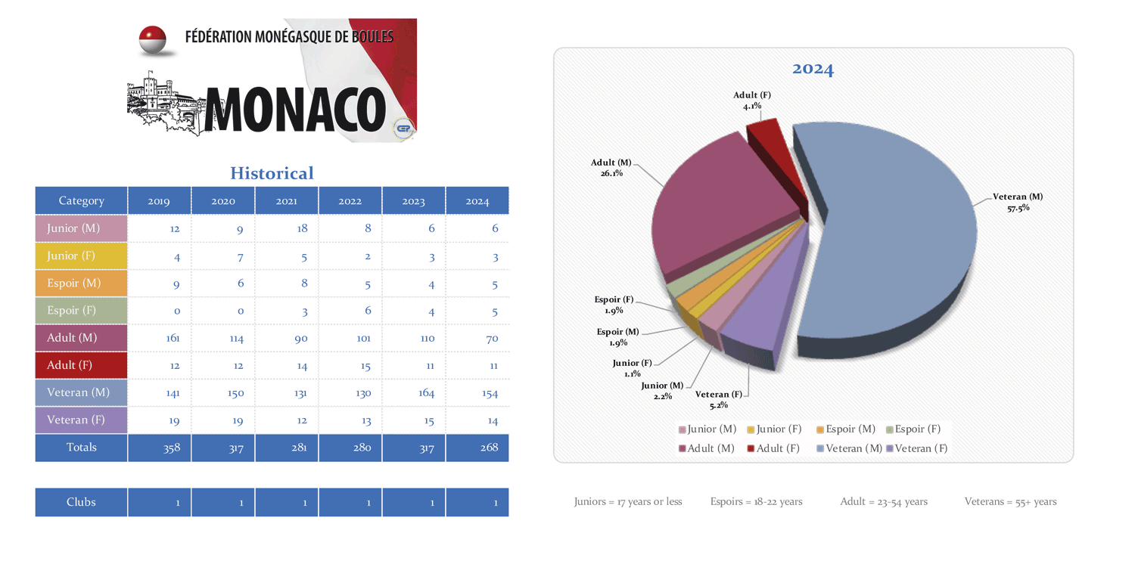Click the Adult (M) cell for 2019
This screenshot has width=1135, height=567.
click(160, 338)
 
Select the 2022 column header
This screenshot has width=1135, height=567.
click(350, 201)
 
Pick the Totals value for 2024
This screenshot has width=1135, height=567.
click(477, 448)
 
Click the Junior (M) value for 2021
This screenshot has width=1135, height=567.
click(287, 228)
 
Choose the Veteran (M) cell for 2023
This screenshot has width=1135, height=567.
click(414, 392)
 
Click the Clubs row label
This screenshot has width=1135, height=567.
click(81, 502)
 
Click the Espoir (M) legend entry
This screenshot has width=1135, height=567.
click(846, 429)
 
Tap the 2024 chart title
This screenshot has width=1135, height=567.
click(813, 70)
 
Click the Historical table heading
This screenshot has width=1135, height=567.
click(272, 173)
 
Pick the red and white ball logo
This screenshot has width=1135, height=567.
click(153, 40)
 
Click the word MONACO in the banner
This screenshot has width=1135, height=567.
click(295, 108)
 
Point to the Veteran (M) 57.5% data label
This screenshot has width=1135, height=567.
click(1018, 202)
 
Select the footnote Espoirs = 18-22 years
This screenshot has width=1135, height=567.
click(756, 501)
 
